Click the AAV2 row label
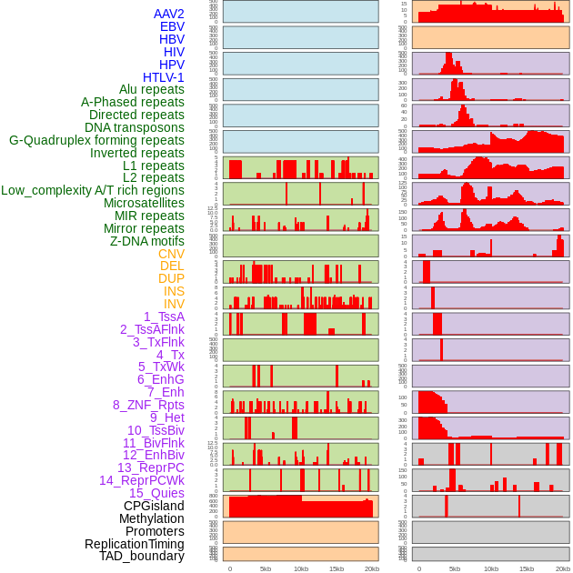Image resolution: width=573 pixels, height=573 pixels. click(x=168, y=14)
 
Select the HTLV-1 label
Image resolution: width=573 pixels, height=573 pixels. click(x=163, y=77)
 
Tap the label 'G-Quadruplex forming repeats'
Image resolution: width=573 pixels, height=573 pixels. click(x=96, y=140)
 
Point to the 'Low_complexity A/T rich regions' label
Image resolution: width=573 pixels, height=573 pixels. click(x=93, y=190)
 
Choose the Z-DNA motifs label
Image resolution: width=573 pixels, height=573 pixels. click(x=147, y=241)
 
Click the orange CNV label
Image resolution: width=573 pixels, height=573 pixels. click(x=171, y=254)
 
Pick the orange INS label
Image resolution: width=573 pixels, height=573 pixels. click(x=174, y=291)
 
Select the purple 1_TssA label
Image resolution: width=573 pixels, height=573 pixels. click(x=164, y=317)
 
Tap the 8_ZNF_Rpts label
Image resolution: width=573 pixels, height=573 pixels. click(x=148, y=405)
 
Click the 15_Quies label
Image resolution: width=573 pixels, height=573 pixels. click(x=156, y=493)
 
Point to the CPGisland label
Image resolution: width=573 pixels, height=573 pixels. click(x=154, y=506)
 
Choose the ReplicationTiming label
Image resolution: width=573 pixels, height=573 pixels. click(x=135, y=544)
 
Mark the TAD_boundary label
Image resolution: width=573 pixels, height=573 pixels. click(x=142, y=556)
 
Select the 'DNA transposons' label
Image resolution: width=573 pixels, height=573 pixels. click(x=135, y=127)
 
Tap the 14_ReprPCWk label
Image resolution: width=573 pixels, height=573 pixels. click(x=142, y=480)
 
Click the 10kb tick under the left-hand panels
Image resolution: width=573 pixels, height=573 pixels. click(x=301, y=568)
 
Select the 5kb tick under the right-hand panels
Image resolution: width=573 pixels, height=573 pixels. click(x=455, y=568)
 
